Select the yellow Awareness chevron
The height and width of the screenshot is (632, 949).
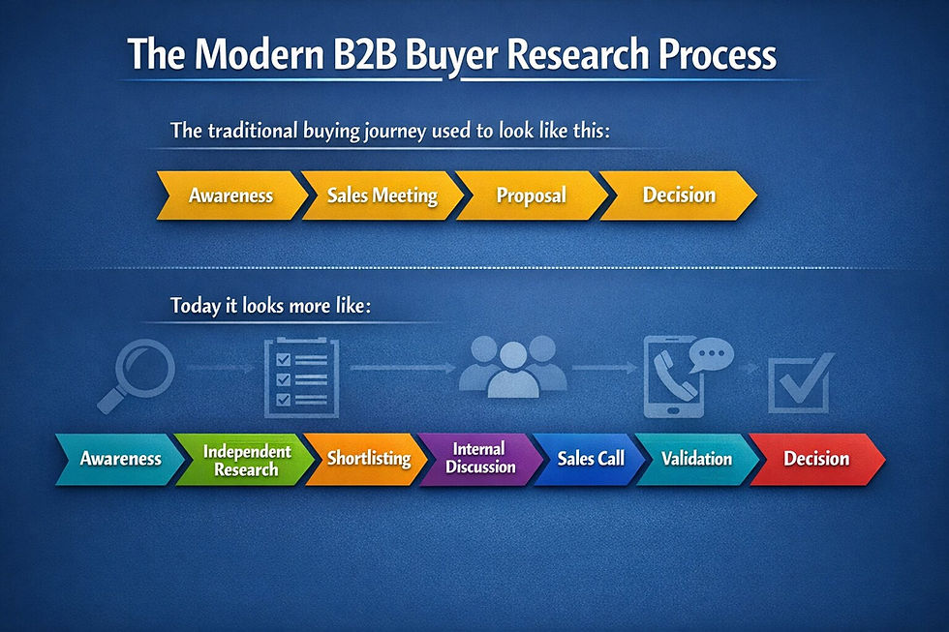click(x=230, y=196)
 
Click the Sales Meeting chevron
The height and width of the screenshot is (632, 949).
click(x=382, y=196)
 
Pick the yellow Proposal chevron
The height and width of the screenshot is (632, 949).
click(x=531, y=196)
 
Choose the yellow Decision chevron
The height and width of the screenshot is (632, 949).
click(x=679, y=196)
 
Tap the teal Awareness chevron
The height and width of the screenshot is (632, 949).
click(x=119, y=459)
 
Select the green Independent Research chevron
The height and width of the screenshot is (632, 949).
click(x=246, y=460)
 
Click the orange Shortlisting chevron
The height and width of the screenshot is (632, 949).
click(x=368, y=459)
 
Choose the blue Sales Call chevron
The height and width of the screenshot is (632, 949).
click(x=591, y=459)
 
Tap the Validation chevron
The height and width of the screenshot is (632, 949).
click(x=696, y=459)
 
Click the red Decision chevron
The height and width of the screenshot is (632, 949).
click(x=815, y=459)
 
